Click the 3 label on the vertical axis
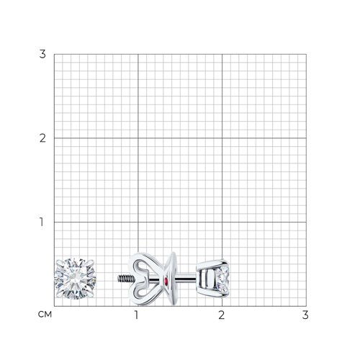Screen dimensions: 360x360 42,54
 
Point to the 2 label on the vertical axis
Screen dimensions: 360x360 42,138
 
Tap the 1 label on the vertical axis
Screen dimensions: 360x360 42,222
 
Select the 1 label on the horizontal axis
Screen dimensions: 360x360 136,315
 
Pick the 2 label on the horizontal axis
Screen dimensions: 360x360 221,315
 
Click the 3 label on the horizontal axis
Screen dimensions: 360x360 305,315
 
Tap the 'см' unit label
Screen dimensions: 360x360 45,315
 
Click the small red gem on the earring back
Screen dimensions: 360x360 166,280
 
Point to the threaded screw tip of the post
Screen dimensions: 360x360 125,279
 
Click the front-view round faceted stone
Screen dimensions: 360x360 76,279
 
